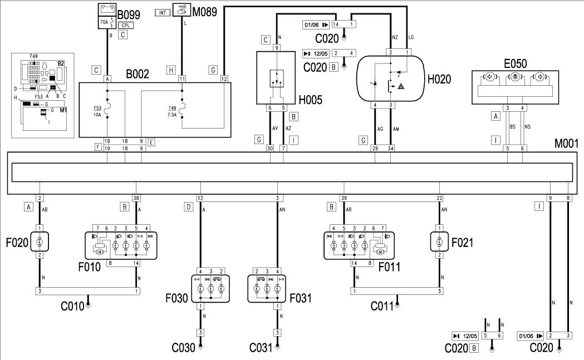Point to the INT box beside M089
coord(161,12)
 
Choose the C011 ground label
coord(384,305)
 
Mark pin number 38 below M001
coord(136,198)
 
